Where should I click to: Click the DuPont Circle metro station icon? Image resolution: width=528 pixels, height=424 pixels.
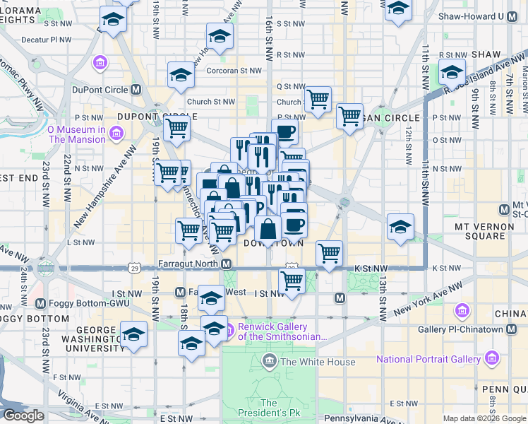(x=136, y=90)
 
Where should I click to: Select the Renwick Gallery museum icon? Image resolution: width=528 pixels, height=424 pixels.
(x=229, y=330)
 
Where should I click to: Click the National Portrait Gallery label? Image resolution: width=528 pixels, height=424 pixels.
(x=428, y=360)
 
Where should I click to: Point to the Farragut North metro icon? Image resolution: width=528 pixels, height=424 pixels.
(x=227, y=264)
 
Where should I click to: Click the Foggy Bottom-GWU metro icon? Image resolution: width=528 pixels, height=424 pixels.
(x=40, y=303)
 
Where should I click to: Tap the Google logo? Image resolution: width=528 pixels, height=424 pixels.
(x=23, y=416)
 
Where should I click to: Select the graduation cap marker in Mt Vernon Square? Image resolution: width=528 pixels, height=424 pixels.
(x=400, y=227)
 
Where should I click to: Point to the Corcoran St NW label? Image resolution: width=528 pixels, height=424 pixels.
(x=234, y=71)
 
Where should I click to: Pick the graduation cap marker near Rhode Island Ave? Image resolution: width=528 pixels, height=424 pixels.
(x=451, y=72)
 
